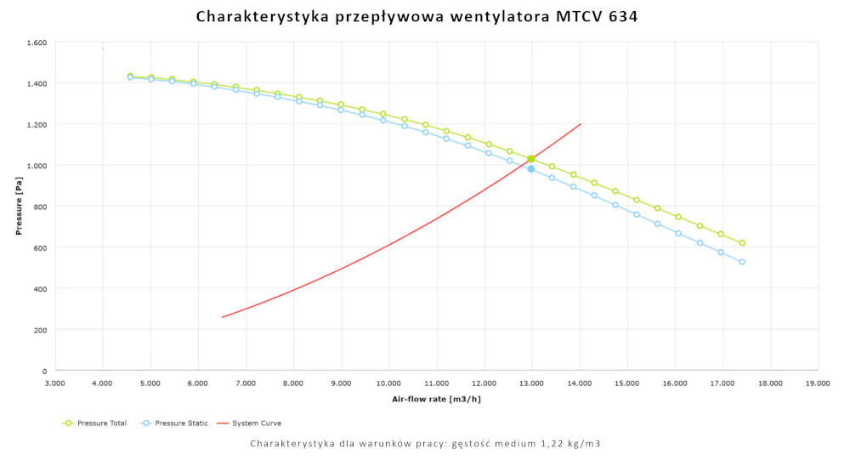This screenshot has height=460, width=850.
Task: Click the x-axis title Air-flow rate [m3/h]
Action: (x=436, y=399)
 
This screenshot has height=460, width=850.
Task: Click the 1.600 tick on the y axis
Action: (x=36, y=43)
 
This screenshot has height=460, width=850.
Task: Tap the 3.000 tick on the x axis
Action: (x=54, y=383)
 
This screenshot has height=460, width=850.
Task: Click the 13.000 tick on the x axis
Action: (x=532, y=383)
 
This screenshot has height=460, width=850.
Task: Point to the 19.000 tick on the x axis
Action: (x=818, y=383)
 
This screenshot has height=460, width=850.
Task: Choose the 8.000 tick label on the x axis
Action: (x=293, y=383)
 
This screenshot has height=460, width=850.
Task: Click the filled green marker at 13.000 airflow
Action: (x=531, y=159)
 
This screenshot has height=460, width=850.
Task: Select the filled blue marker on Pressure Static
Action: (x=531, y=168)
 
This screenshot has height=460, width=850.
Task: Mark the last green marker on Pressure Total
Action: (x=742, y=243)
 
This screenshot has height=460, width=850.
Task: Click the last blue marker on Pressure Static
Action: (x=742, y=262)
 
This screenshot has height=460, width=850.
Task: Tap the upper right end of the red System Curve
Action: (x=581, y=124)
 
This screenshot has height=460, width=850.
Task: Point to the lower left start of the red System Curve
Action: (x=222, y=317)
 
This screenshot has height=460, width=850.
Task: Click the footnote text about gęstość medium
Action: (x=425, y=444)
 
